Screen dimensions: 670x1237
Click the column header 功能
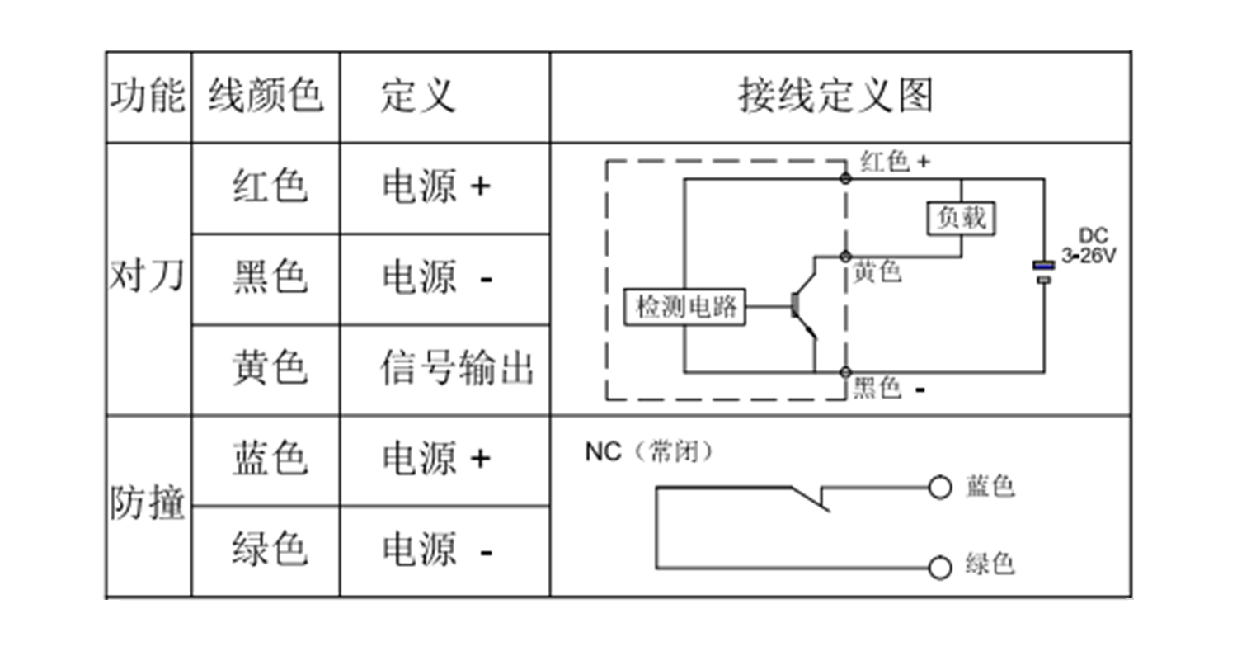[148, 97]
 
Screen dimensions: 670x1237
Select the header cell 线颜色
[265, 97]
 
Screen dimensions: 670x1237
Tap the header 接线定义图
[835, 97]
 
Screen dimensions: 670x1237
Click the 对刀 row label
[148, 279]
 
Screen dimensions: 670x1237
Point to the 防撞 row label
[148, 503]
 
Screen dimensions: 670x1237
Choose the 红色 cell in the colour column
[270, 187]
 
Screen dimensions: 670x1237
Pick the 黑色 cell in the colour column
[270, 278]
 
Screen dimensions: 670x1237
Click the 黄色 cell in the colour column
[270, 368]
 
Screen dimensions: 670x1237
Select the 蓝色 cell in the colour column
[270, 459]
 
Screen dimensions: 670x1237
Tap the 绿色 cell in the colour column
[270, 550]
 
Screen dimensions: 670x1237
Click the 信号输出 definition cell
[457, 368]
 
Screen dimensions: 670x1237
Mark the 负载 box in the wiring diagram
[962, 219]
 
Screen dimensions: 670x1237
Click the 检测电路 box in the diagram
[684, 308]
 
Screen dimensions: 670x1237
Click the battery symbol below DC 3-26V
[1044, 272]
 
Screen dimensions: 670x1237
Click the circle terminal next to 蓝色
[940, 488]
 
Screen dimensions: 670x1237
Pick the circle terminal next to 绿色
[940, 567]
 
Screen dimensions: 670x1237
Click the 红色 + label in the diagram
[895, 162]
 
